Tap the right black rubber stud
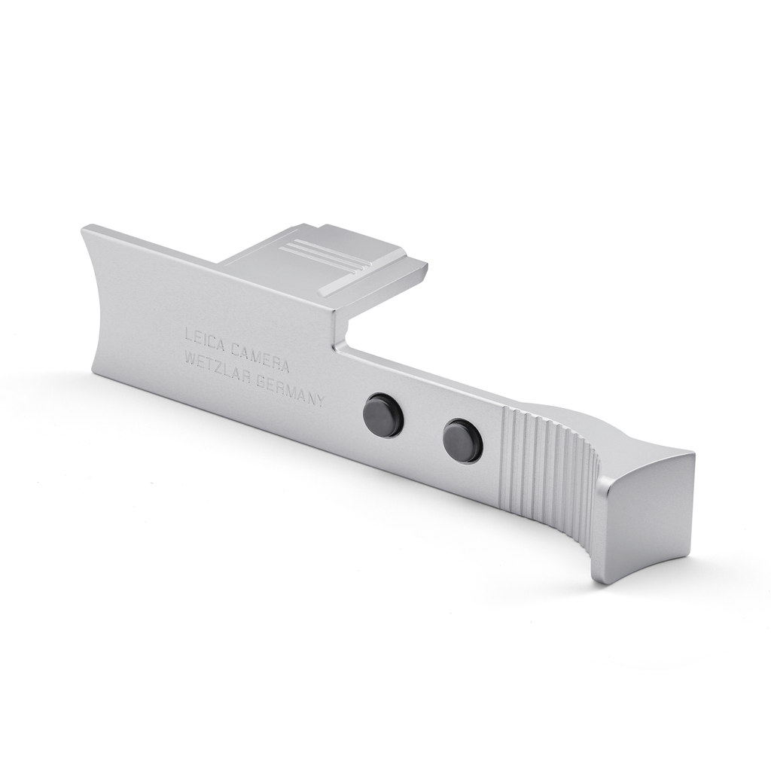pyautogui.click(x=463, y=439)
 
